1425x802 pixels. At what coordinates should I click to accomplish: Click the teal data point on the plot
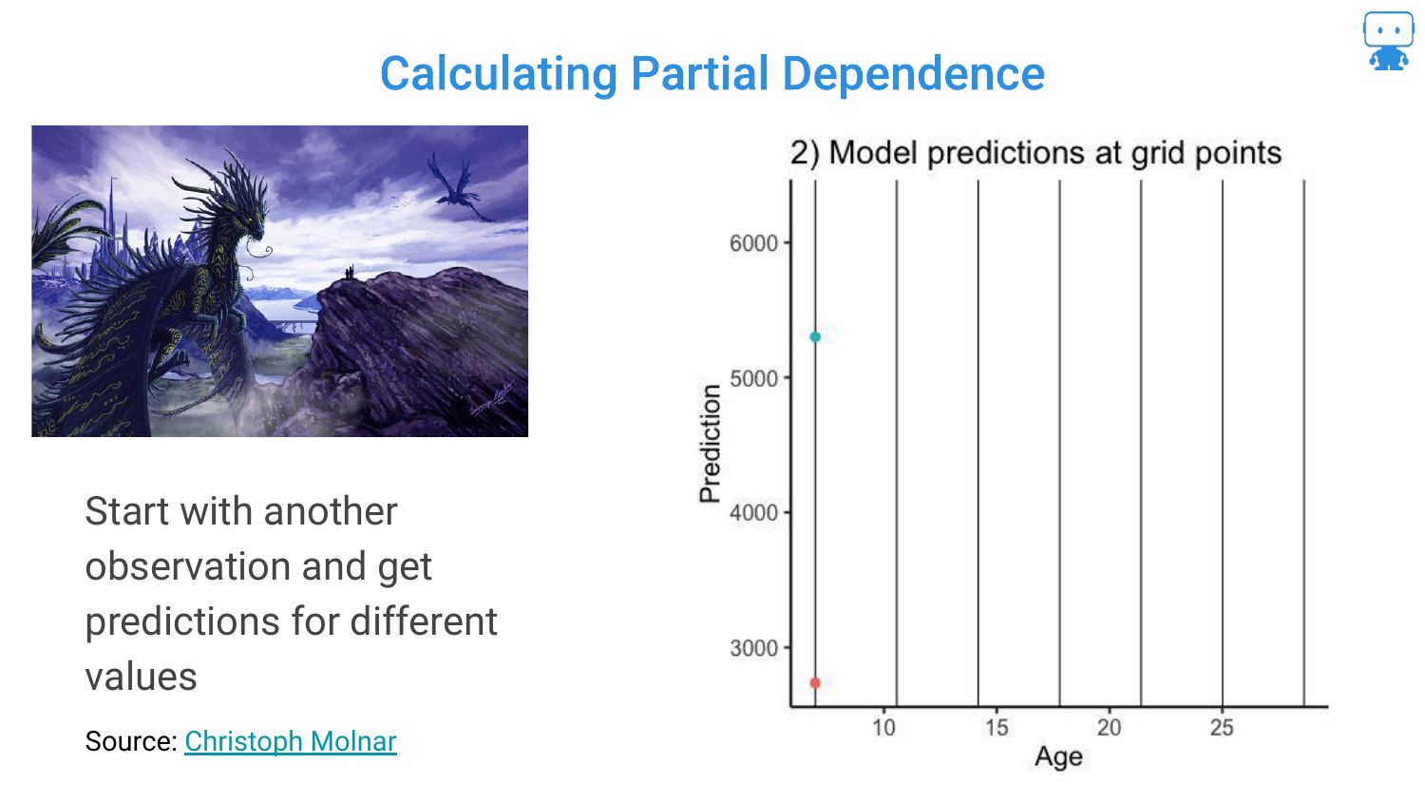click(x=815, y=336)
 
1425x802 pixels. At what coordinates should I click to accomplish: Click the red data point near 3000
click(x=815, y=683)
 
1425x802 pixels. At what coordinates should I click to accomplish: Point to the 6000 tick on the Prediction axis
click(x=754, y=243)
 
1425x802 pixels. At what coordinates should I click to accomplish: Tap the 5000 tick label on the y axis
click(x=754, y=379)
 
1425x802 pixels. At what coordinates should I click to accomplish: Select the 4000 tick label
click(x=754, y=512)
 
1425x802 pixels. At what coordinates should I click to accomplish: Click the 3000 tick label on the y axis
click(x=754, y=648)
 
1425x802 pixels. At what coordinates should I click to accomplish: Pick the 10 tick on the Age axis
click(x=883, y=727)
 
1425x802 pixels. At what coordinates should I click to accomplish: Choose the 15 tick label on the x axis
click(x=997, y=727)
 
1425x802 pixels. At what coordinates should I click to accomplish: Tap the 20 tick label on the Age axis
click(x=1109, y=727)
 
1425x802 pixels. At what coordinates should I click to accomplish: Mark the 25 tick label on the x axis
click(x=1222, y=727)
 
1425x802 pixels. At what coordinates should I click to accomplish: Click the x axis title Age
click(x=1058, y=757)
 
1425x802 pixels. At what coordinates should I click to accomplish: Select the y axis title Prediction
click(x=710, y=444)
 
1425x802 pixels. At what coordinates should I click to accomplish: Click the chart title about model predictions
click(x=1035, y=153)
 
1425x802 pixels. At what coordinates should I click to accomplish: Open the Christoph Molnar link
click(x=291, y=741)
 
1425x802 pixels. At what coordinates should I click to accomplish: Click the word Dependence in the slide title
click(x=913, y=74)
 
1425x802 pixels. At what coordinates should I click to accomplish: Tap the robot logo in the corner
click(x=1388, y=41)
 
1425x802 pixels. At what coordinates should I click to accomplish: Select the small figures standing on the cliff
click(x=350, y=273)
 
